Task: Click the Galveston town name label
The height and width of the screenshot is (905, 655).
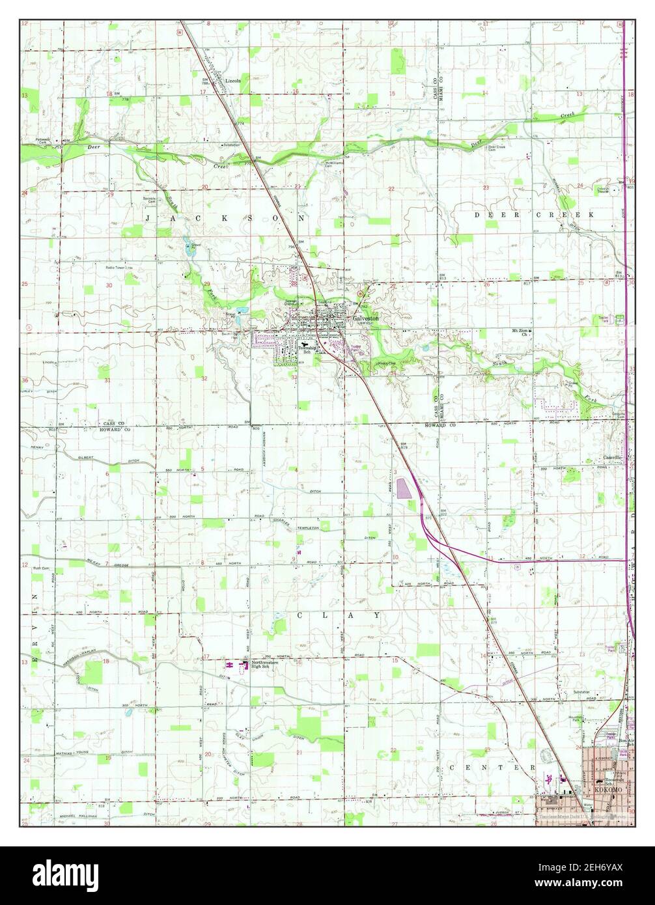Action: point(365,318)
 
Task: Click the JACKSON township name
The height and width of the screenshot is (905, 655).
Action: point(225,219)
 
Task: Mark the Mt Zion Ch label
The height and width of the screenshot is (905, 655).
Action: point(520,333)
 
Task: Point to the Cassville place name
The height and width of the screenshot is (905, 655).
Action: point(612,458)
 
